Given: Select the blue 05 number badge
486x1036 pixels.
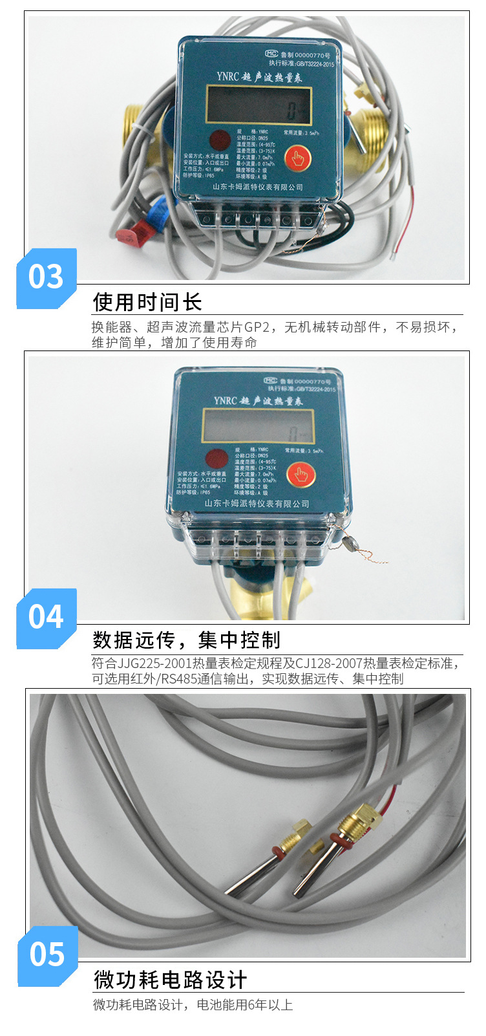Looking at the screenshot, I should [x=47, y=955].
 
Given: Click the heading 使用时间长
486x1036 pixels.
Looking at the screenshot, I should [x=147, y=302].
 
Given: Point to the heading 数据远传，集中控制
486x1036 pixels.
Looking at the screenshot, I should [x=187, y=640].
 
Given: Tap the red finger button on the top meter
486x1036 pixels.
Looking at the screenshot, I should [x=297, y=157].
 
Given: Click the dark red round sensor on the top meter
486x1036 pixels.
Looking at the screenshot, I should [x=220, y=140].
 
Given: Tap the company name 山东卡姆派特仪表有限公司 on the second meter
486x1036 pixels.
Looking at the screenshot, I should [x=257, y=503].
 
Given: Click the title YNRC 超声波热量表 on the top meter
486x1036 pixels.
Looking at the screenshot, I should [x=259, y=77].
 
